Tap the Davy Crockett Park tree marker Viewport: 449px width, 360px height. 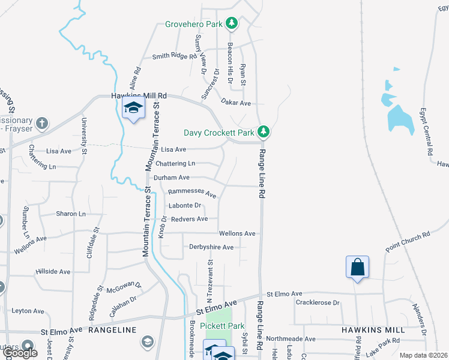(263, 131)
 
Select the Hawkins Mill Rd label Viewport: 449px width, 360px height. (139, 96)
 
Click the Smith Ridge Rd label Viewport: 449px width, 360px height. (175, 56)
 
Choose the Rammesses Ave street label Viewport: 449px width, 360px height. (192, 193)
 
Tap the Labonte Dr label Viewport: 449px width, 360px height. (185, 206)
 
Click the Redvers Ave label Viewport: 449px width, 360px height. (189, 219)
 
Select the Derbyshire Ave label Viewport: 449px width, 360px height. (211, 247)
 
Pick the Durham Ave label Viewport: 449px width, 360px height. (172, 178)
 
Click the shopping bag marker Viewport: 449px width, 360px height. (357, 267)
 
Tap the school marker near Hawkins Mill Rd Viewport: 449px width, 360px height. (133, 109)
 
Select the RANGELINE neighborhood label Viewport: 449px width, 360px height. (113, 330)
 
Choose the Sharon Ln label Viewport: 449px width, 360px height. (71, 214)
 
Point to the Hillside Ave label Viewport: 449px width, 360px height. (53, 271)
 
